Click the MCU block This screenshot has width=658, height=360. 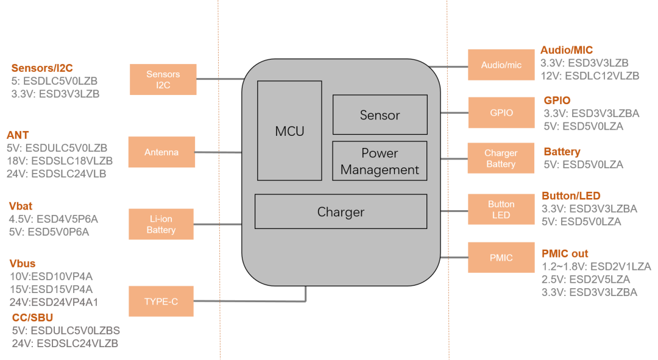pyautogui.click(x=289, y=130)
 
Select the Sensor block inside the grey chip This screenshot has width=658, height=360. pyautogui.click(x=380, y=115)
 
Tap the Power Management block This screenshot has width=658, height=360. pyautogui.click(x=380, y=161)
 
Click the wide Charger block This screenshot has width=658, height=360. pyautogui.click(x=341, y=211)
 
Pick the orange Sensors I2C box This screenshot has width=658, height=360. pyautogui.click(x=163, y=79)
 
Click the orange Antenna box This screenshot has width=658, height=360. pyautogui.click(x=161, y=152)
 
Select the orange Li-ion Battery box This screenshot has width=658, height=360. pyautogui.click(x=161, y=224)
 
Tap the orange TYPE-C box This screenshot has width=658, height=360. pyautogui.click(x=161, y=302)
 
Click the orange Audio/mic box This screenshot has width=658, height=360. pyautogui.click(x=501, y=65)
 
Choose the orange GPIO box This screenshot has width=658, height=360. pyautogui.click(x=501, y=113)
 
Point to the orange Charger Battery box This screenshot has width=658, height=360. pyautogui.click(x=501, y=158)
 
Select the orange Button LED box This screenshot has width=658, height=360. pyautogui.click(x=501, y=210)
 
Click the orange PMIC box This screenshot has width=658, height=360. pyautogui.click(x=501, y=258)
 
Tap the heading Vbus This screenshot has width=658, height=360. pyautogui.click(x=23, y=264)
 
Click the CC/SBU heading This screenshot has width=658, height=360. pyautogui.click(x=33, y=317)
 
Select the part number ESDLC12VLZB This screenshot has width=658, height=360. pyautogui.click(x=602, y=76)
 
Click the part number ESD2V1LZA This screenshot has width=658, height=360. pyautogui.click(x=621, y=266)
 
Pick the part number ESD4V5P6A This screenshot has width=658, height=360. pyautogui.click(x=67, y=219)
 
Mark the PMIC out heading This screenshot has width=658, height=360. pyautogui.click(x=565, y=253)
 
